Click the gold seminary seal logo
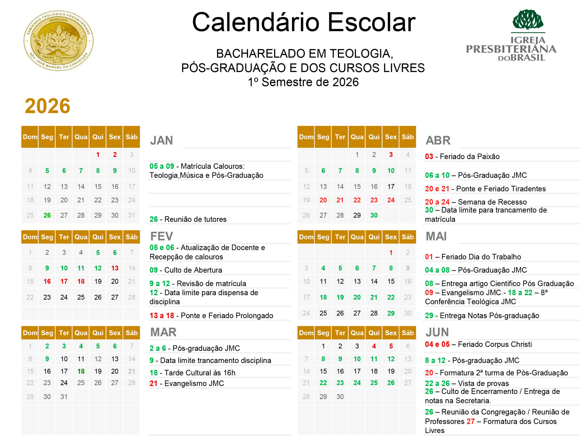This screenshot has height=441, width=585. (58, 41)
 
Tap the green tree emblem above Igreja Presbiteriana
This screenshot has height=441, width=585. (528, 20)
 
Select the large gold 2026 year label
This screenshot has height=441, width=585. (48, 106)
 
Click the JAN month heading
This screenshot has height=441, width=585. (162, 141)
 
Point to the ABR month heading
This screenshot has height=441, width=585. (438, 141)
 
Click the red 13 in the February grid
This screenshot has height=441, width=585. (115, 268)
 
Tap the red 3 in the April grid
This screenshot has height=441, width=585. (391, 155)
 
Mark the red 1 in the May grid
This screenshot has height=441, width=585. (391, 253)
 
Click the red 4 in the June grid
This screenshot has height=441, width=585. (374, 346)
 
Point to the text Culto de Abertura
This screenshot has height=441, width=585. (193, 270)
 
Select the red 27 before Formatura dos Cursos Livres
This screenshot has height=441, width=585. (471, 421)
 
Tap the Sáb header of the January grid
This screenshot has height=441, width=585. (132, 137)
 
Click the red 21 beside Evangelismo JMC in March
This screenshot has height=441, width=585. (153, 384)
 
